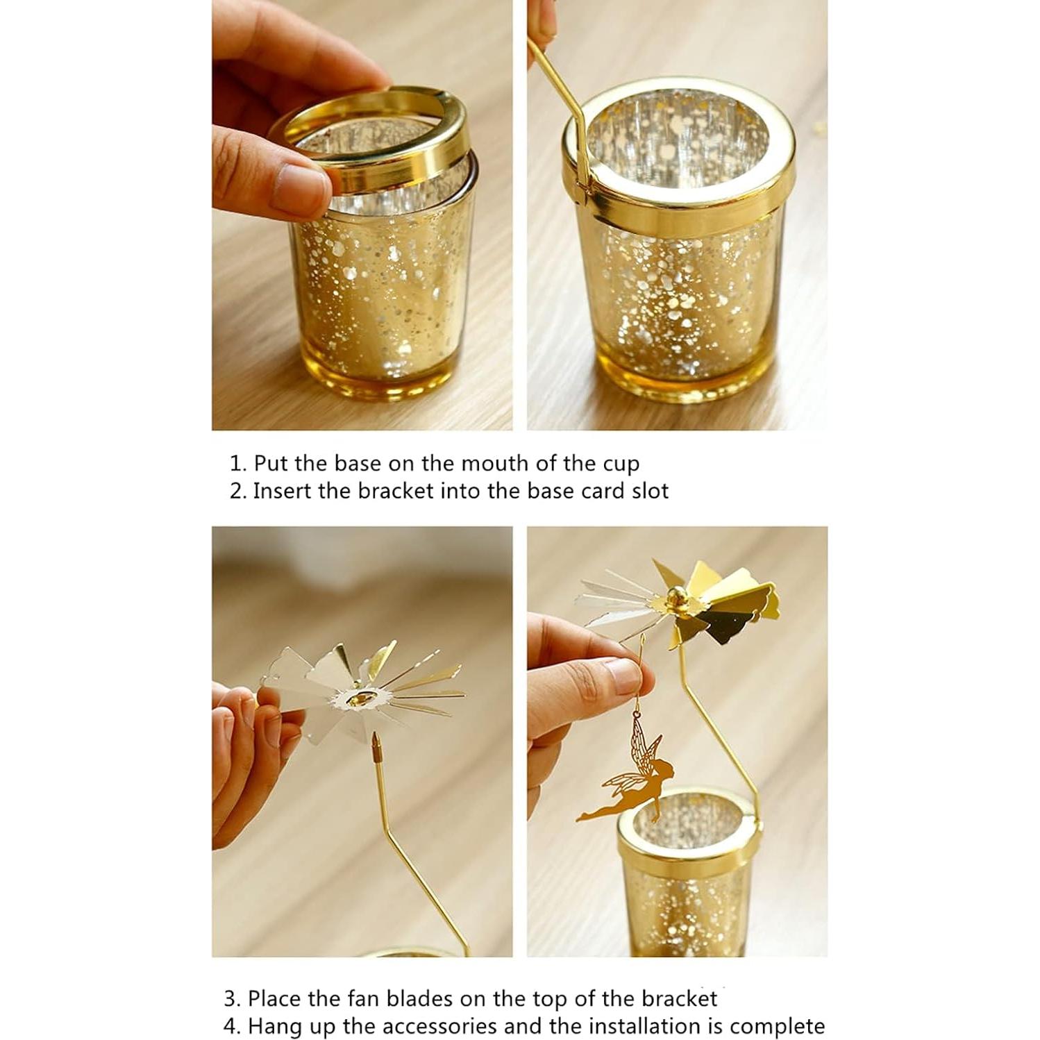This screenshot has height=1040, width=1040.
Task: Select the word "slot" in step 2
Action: [x=650, y=492]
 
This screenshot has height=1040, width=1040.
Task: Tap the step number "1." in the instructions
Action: [x=238, y=464]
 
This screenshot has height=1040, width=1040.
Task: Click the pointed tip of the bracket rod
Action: [x=376, y=739]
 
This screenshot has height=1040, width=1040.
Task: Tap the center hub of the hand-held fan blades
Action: [x=359, y=698]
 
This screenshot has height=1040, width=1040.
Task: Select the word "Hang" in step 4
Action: [x=271, y=1026]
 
